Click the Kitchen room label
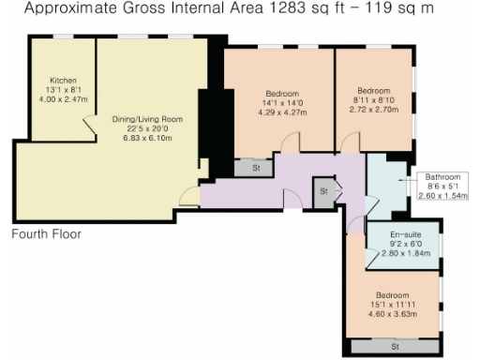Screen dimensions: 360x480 point(63,81)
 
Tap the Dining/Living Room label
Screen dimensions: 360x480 point(146,119)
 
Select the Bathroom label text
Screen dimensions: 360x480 point(442,176)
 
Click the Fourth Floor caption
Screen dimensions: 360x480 point(47,233)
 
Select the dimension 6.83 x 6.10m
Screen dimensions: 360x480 point(146,138)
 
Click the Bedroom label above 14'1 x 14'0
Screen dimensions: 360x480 point(282,94)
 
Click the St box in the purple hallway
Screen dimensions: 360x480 point(323,191)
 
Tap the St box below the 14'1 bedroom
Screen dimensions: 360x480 point(256,168)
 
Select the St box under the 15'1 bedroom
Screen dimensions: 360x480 point(397,346)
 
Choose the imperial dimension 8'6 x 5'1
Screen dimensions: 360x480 point(442,186)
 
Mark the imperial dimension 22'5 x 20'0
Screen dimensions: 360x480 point(146,128)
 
